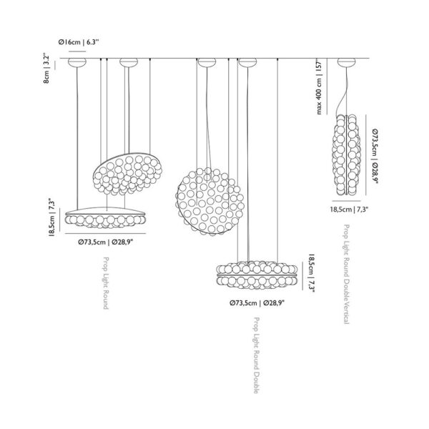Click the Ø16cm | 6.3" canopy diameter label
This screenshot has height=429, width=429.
point(78,42)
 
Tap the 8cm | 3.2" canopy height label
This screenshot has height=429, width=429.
point(46,69)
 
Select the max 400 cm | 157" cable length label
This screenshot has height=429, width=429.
point(320,87)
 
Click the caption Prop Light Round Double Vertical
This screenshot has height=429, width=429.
point(346,274)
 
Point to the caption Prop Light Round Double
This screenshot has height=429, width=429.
point(257,355)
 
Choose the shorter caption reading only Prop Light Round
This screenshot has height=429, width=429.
point(106,283)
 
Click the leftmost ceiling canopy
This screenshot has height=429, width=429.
point(77,62)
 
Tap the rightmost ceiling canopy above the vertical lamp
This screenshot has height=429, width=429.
point(346,62)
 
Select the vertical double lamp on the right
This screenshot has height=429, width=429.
point(346,154)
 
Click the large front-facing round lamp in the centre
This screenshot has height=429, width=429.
point(209,202)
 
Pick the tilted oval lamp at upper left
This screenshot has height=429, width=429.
point(127,174)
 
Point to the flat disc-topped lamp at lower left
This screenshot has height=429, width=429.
point(105,217)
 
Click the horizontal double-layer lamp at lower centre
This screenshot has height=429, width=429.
point(257,275)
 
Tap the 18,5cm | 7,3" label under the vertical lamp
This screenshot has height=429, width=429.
point(349,209)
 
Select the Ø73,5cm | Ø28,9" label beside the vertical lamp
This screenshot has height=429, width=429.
point(375,156)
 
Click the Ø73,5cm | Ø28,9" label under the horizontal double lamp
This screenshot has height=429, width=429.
point(257,303)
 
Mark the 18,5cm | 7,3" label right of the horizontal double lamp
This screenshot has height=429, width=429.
point(312,273)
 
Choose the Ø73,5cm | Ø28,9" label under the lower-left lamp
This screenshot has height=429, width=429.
point(105,242)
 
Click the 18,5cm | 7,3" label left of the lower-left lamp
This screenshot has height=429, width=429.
point(53,217)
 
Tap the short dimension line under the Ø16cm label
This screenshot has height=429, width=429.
point(77,51)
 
